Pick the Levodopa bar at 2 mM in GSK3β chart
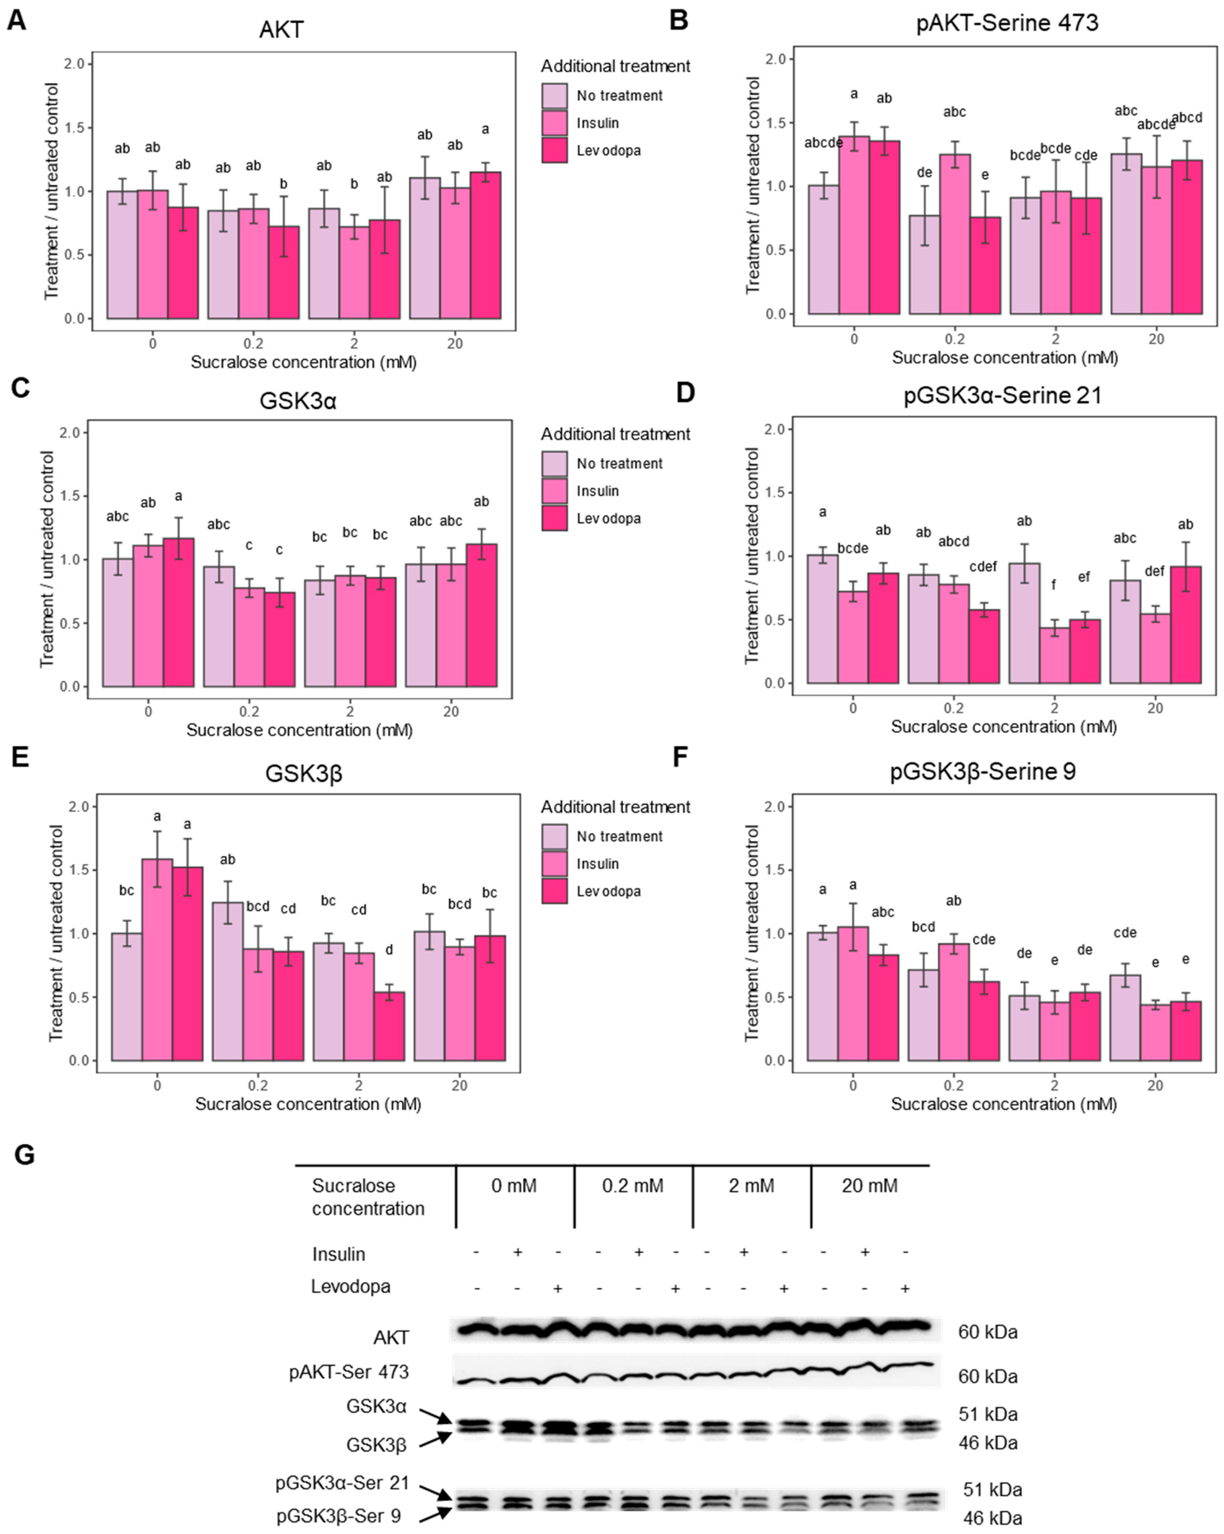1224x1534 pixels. coord(389,1026)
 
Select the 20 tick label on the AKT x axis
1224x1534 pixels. coord(455,344)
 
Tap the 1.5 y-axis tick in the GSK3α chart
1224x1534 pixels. coord(74,496)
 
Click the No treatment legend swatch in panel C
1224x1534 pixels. coord(554,463)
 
